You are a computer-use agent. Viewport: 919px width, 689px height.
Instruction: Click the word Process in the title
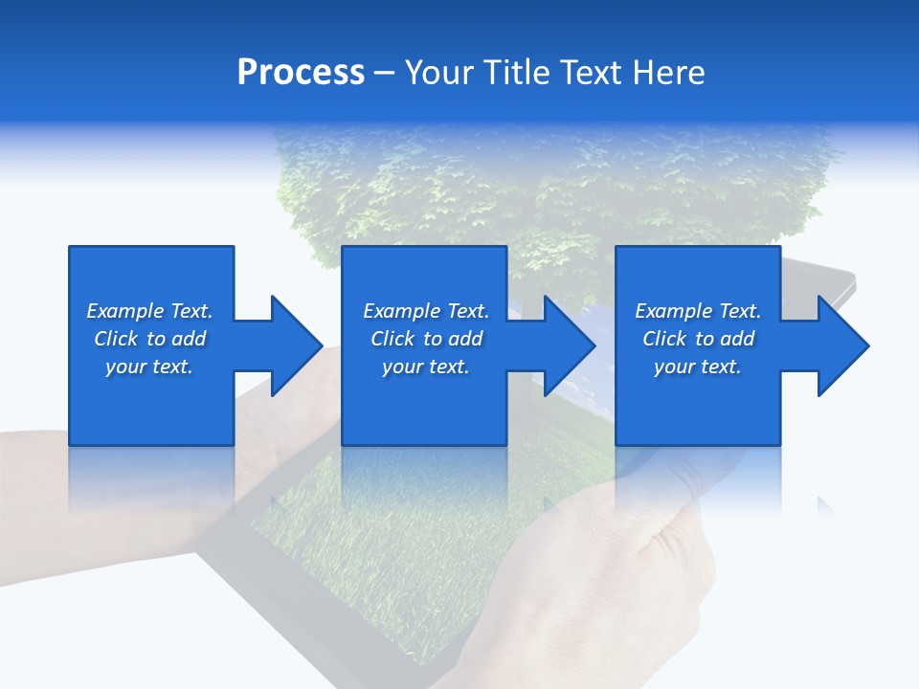tap(301, 72)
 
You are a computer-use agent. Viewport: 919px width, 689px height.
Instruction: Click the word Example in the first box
tap(125, 311)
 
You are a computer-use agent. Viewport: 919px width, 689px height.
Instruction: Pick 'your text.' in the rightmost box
tap(697, 367)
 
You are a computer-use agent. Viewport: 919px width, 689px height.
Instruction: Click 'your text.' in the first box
tap(148, 367)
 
